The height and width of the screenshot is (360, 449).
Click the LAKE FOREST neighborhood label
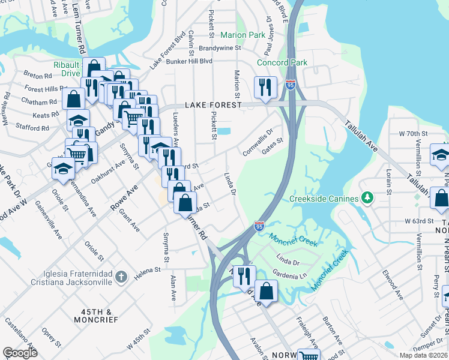[212, 104]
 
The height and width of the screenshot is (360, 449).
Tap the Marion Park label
[244, 35]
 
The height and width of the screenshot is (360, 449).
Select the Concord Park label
[282, 62]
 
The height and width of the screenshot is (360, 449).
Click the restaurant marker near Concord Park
[265, 87]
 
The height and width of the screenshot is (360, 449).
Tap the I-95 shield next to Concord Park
[291, 85]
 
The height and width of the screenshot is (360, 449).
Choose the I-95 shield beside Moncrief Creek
[259, 226]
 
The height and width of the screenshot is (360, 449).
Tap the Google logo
[20, 353]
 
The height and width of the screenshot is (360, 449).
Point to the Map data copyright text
[423, 355]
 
